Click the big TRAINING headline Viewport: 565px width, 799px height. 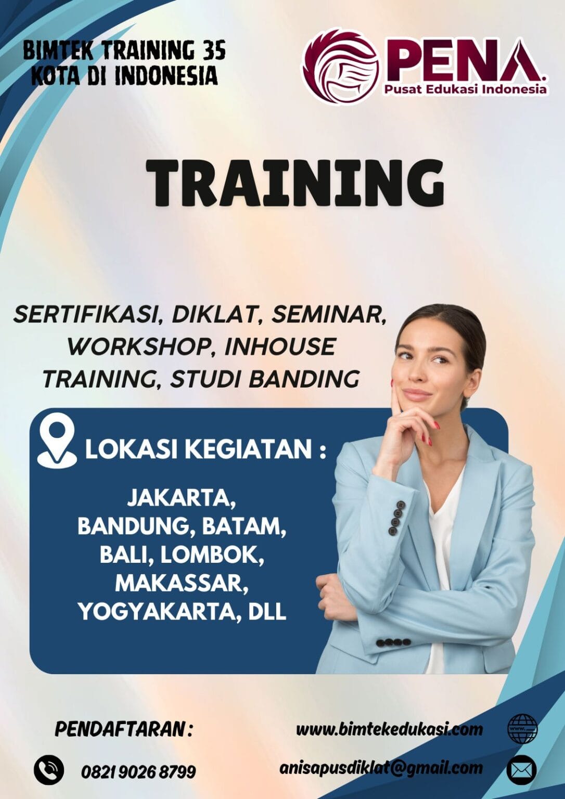(294, 183)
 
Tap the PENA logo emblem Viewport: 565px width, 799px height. (341, 67)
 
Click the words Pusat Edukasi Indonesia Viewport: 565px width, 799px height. (466, 89)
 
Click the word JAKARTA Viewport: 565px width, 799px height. (181, 498)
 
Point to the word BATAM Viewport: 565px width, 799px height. (243, 526)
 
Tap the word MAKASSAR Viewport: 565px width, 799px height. (181, 583)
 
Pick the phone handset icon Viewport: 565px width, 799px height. (49, 770)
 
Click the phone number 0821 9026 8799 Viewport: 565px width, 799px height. (138, 771)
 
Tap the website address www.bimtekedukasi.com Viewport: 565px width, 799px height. (389, 729)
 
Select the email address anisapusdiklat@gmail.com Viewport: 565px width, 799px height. (381, 768)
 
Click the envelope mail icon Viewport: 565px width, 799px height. (522, 769)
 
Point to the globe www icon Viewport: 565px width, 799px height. (522, 729)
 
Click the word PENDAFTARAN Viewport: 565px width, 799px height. (120, 729)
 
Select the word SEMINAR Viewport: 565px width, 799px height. (329, 314)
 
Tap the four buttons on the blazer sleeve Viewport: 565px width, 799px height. (394, 642)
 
